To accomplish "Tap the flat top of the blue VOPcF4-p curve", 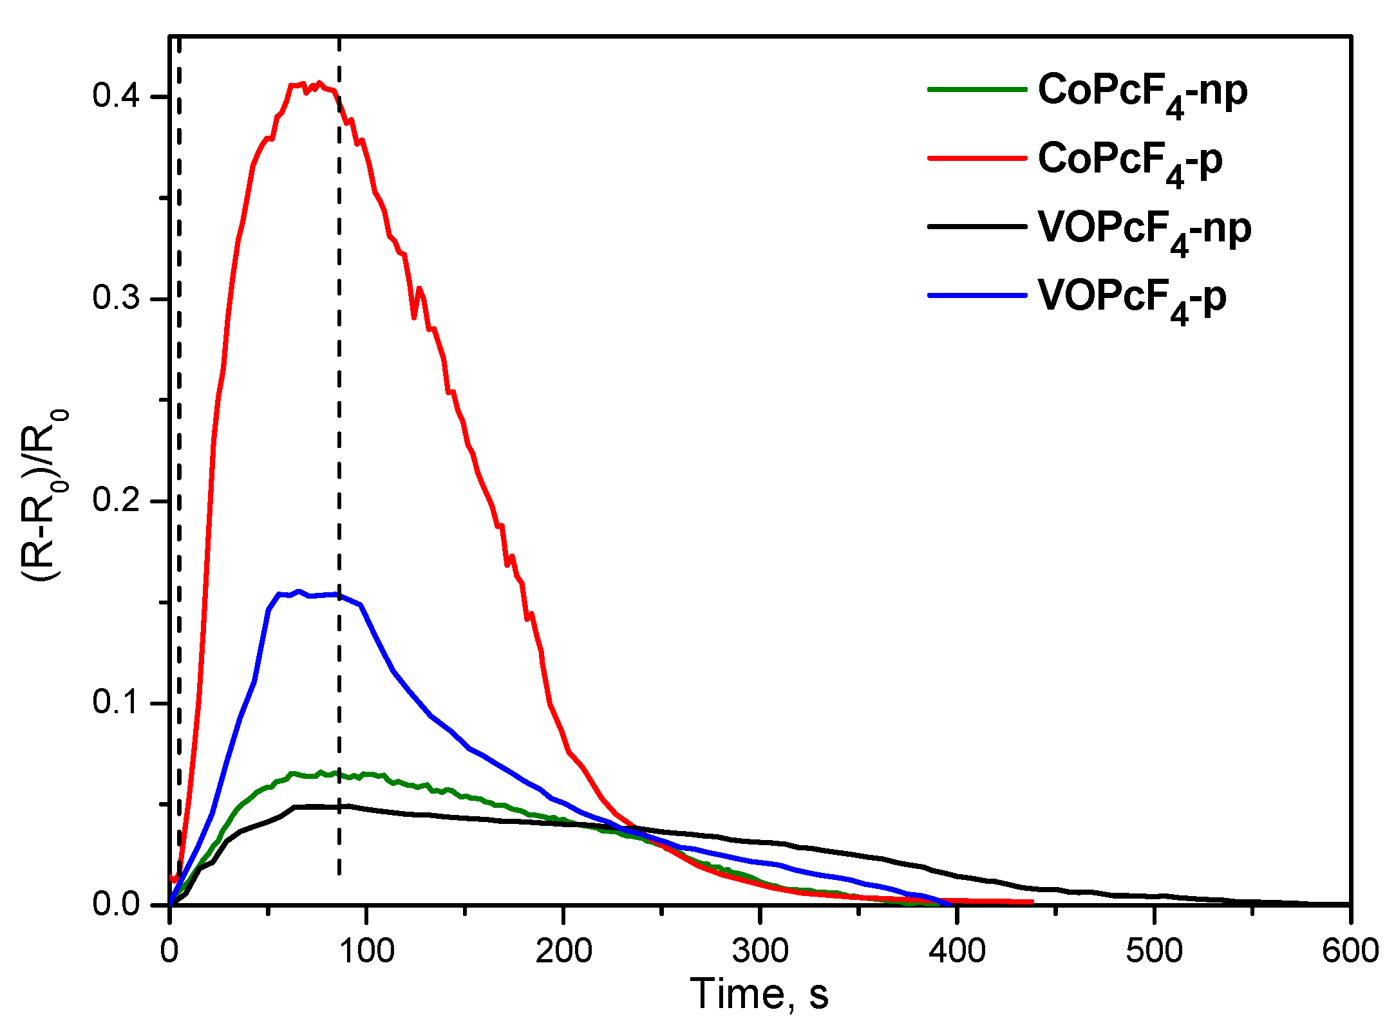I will (316, 595).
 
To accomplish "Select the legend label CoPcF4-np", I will (1142, 92).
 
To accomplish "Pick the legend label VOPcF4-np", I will (1144, 230).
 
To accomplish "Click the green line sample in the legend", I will (976, 89).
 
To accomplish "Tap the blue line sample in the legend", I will (976, 295).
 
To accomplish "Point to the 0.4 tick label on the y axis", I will (116, 97).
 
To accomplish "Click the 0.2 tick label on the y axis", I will (116, 500).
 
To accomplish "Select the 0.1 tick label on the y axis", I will (116, 702).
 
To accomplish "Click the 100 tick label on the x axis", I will (366, 951).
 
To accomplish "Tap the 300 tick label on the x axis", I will (760, 951).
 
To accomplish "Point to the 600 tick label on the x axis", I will (1350, 951).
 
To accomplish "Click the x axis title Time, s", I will (759, 994).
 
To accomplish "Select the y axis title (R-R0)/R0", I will (45, 496).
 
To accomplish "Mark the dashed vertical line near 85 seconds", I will (339, 451).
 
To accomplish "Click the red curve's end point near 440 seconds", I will (1032, 902).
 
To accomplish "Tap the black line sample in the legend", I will (976, 227).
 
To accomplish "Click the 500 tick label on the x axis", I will (1154, 951).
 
